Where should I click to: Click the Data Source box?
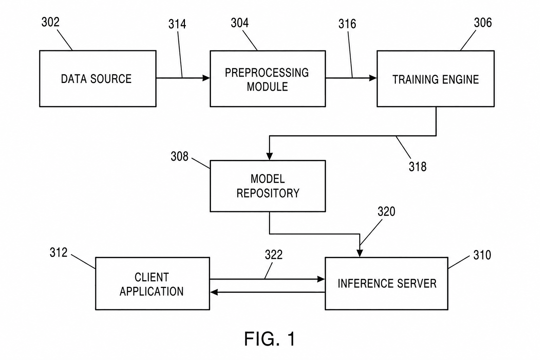point(98,79)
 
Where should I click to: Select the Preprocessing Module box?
point(268,79)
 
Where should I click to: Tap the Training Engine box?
point(436,79)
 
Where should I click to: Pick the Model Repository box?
point(268,186)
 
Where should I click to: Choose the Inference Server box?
point(386,284)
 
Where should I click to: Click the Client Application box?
point(153,284)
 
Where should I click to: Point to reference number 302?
point(50,22)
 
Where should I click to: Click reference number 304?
point(240,23)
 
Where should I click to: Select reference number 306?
point(483,22)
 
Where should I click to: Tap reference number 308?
point(179,156)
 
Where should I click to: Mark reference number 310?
point(482,255)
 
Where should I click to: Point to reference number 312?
point(59,253)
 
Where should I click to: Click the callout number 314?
point(177,24)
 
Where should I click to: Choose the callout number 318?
point(418,167)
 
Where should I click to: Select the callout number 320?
point(386,212)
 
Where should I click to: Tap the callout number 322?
point(274,255)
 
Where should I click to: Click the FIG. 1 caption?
point(270,339)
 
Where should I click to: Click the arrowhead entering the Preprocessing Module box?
point(206,78)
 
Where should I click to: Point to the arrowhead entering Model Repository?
point(269,156)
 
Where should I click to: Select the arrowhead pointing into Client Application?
point(214,292)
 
